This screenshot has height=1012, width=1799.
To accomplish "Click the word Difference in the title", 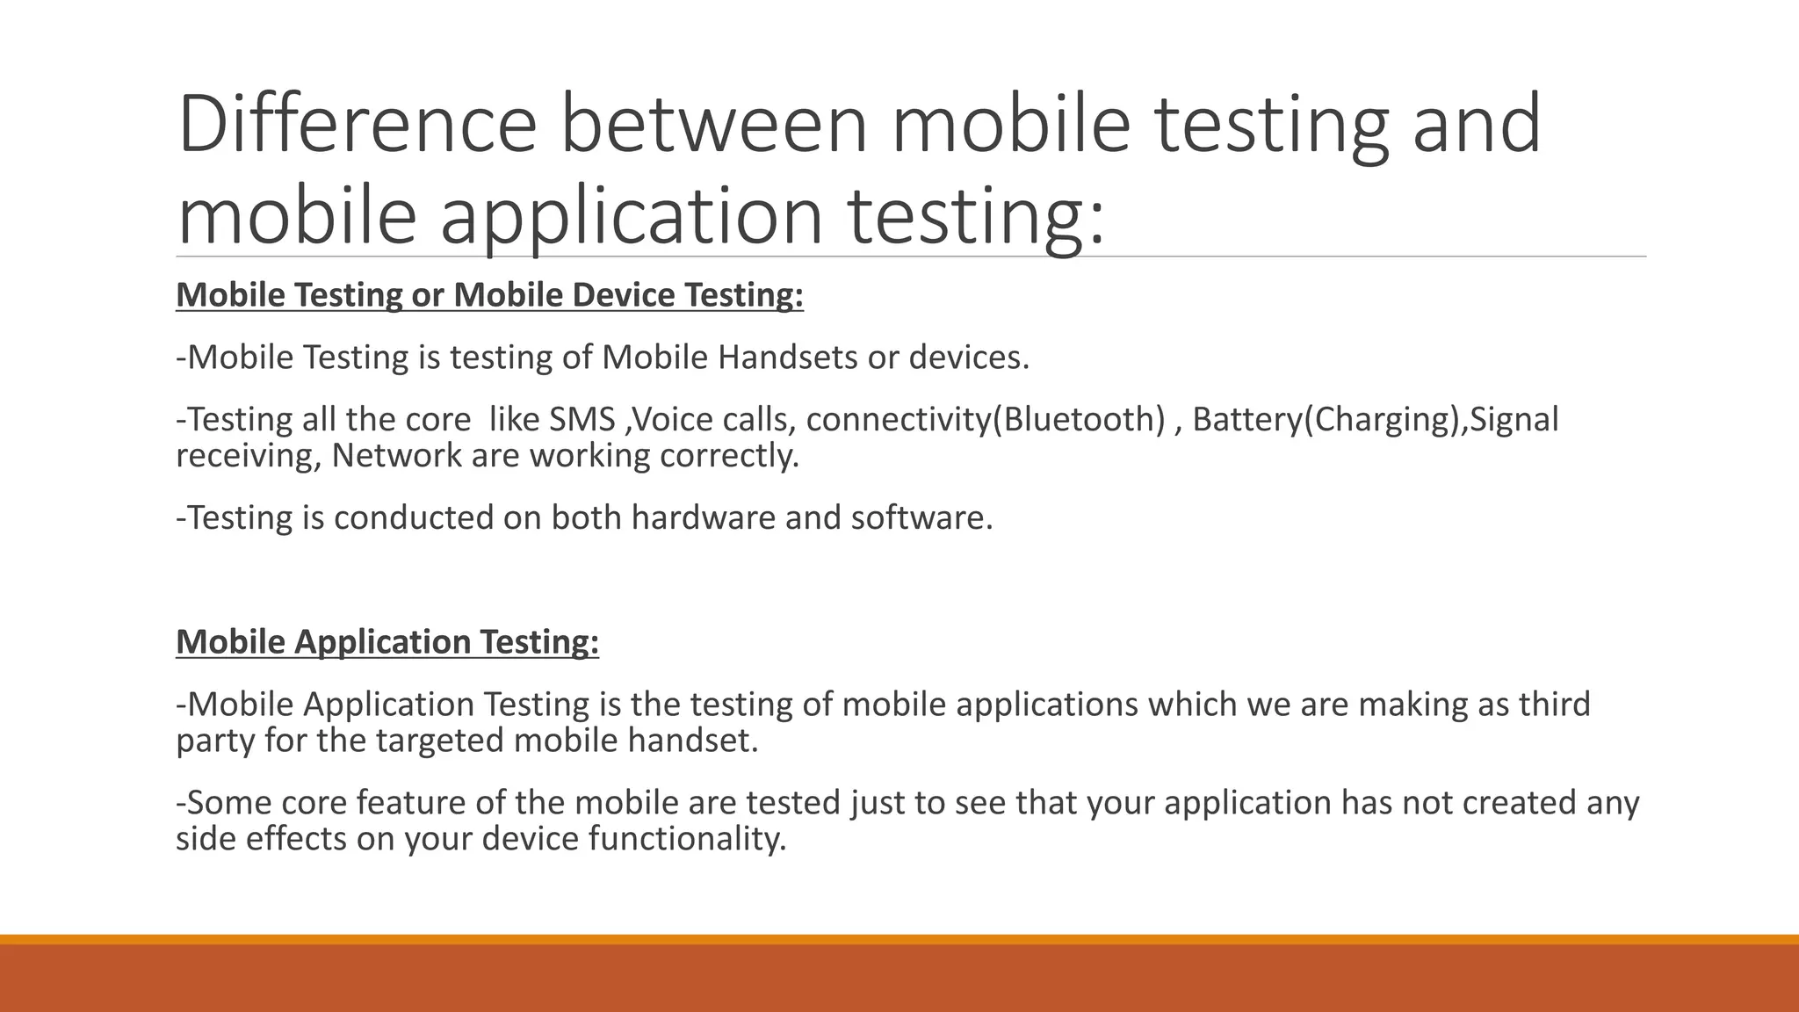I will pos(356,124).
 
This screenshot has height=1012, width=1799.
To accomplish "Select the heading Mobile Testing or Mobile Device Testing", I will pos(489,294).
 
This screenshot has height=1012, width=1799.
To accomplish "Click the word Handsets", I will pos(787,358).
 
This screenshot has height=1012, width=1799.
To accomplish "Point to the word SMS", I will pos(582,419).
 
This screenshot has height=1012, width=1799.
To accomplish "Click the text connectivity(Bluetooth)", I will pos(985,419).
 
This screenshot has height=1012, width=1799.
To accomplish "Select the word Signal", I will pos(1514,419).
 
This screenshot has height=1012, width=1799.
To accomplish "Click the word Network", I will pos(396,456).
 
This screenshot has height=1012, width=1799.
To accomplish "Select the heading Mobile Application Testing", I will pos(387,642).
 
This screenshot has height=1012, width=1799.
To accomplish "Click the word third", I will pos(1554,705).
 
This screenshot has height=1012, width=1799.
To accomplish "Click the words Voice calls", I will pos(714,419).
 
